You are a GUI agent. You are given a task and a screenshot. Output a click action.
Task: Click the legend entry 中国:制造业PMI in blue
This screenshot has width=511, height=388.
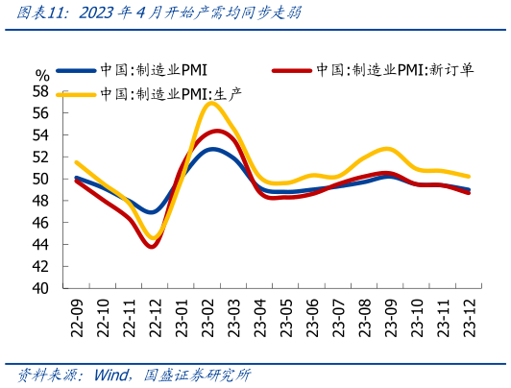click(154, 70)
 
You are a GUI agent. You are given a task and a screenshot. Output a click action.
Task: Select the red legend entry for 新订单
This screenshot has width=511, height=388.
click(394, 70)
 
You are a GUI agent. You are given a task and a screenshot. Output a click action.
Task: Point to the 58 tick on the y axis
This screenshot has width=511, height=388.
click(40, 91)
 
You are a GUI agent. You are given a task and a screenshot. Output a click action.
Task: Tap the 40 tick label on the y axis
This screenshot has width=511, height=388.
click(40, 288)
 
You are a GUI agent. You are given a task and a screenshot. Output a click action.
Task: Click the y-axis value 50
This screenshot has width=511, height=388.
click(40, 179)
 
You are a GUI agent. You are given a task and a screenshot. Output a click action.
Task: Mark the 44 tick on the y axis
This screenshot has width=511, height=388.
click(40, 244)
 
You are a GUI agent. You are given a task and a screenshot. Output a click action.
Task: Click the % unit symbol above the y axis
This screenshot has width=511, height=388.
click(41, 75)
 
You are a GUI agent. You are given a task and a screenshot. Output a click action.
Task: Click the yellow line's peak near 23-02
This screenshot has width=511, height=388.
click(213, 103)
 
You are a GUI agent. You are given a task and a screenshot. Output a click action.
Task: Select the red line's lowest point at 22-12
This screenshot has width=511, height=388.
click(152, 247)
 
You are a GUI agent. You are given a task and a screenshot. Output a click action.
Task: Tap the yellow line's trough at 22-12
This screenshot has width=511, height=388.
click(153, 236)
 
